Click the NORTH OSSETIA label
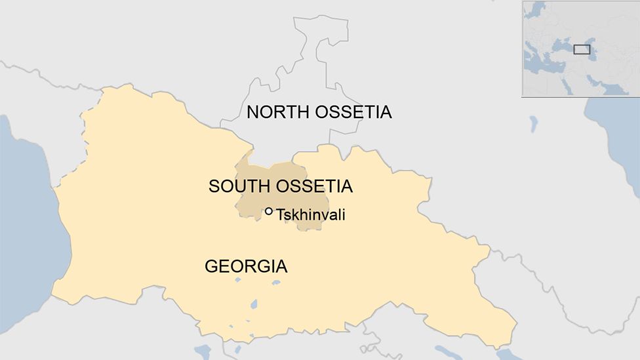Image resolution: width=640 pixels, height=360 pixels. (x=319, y=112)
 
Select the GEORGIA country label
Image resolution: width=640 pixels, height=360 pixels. (x=246, y=267)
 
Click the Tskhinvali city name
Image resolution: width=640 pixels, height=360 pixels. (x=310, y=215)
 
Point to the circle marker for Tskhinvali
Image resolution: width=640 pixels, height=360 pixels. (x=269, y=211)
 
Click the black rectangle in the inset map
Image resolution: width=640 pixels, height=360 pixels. (x=582, y=49)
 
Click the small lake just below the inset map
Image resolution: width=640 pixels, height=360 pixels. (x=533, y=123)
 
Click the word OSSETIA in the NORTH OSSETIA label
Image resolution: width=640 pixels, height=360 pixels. (x=353, y=112)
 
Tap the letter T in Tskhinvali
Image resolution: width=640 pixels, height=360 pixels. (x=281, y=215)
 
